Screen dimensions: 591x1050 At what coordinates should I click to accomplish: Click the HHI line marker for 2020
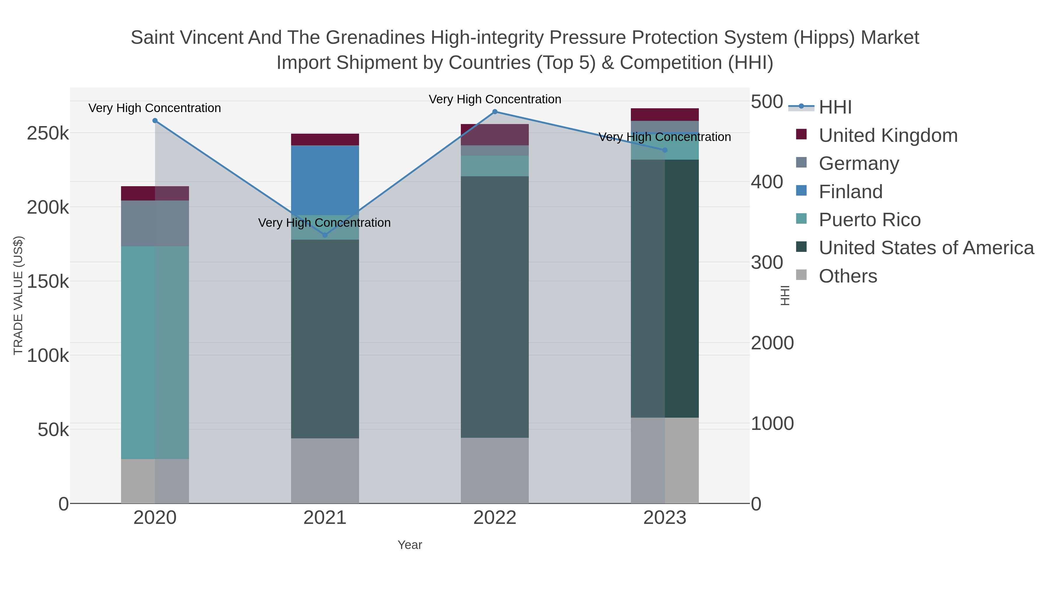(x=155, y=121)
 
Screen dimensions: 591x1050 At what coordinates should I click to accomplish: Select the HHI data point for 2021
(x=325, y=235)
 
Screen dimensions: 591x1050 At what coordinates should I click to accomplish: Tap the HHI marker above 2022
(x=495, y=112)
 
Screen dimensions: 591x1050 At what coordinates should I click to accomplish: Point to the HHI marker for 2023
(x=665, y=150)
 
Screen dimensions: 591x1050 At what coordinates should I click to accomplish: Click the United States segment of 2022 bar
(x=495, y=307)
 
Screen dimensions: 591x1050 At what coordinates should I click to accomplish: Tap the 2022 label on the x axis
(x=495, y=518)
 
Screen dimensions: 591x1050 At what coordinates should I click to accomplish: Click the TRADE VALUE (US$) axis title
(x=18, y=295)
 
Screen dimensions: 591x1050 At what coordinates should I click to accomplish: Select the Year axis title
(x=410, y=545)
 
